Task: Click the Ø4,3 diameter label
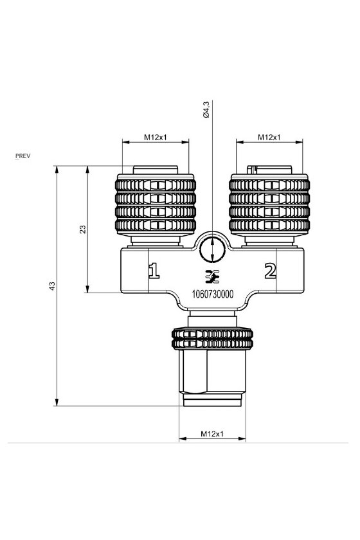click(x=206, y=110)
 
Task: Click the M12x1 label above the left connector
click(x=156, y=138)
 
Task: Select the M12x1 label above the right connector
click(x=269, y=138)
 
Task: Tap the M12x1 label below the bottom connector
click(x=212, y=434)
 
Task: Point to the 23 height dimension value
click(x=83, y=230)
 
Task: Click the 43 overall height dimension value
click(x=52, y=286)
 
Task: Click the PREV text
click(x=23, y=156)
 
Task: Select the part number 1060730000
click(x=213, y=294)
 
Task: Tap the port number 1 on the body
click(x=154, y=271)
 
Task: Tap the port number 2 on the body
click(x=271, y=271)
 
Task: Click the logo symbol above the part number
click(x=212, y=277)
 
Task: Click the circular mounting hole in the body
click(x=212, y=249)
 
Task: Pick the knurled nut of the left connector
click(x=156, y=205)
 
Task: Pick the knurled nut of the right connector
click(x=269, y=205)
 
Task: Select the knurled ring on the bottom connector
click(x=212, y=339)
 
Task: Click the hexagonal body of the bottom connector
click(x=212, y=372)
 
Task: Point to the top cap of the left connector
click(x=156, y=170)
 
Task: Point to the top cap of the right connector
click(x=269, y=170)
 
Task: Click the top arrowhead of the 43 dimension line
click(x=57, y=170)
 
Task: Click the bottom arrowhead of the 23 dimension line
click(x=87, y=289)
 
